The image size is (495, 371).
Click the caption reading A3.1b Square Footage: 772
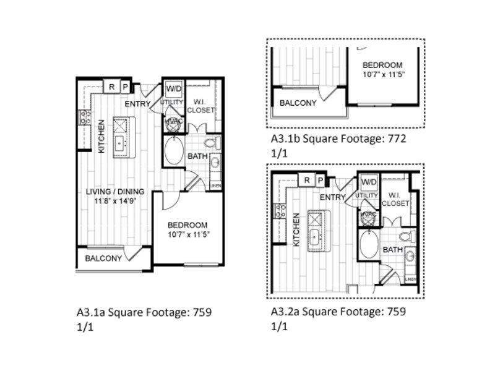[x=338, y=139]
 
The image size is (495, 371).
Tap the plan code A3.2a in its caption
[x=285, y=312]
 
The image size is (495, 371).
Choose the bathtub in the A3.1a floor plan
[x=174, y=151]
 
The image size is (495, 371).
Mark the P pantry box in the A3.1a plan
[x=125, y=87]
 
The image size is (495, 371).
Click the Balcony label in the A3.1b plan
[x=298, y=103]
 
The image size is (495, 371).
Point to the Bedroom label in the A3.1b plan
[x=382, y=65]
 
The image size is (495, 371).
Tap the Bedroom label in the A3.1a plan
[x=188, y=225]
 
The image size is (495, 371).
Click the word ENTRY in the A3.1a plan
[x=137, y=103]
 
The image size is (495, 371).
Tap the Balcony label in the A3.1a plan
[x=103, y=258]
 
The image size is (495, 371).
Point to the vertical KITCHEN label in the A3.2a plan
[x=296, y=230]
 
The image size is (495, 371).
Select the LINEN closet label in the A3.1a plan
[x=216, y=185]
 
